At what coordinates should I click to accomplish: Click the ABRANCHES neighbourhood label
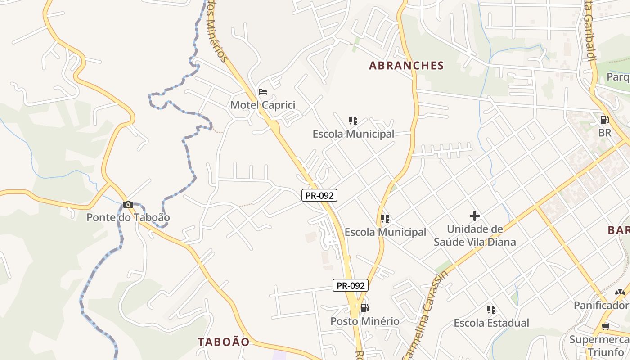point(406,66)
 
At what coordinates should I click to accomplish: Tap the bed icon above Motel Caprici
point(263,92)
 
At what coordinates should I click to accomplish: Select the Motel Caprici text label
point(263,105)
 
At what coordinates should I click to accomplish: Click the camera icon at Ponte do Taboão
point(128,204)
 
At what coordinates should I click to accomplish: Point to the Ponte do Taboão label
point(128,218)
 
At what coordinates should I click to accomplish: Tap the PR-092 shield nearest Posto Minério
point(351,285)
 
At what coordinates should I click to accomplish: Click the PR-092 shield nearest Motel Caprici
point(319,195)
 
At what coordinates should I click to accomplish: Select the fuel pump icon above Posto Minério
point(364,308)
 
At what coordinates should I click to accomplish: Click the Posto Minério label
point(365,321)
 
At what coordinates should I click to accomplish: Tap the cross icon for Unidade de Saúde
point(475,216)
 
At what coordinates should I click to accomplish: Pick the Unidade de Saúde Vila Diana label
point(475,236)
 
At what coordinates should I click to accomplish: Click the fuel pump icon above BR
point(605,120)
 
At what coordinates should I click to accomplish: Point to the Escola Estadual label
point(491,323)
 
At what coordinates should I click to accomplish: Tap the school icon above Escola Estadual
point(491,310)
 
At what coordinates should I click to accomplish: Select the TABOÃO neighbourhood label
point(224,342)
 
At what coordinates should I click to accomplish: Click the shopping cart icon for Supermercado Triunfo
point(606,326)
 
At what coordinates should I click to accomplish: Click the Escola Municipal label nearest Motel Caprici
point(353,134)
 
